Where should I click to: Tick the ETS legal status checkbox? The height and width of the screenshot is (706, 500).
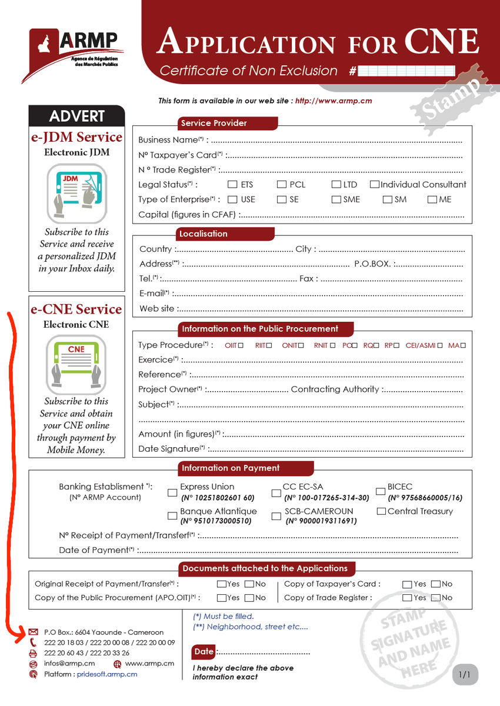[232, 185]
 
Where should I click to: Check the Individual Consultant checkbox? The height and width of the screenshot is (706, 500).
[375, 185]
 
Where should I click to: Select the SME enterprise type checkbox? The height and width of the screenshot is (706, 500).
[336, 199]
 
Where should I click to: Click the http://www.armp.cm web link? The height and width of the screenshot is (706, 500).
[334, 101]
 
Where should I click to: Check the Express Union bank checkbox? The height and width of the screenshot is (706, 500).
[172, 492]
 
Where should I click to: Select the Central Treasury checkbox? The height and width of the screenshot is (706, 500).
[381, 511]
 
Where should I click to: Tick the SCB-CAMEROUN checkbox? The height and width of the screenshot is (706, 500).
[276, 516]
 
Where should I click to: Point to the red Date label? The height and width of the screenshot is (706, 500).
[204, 651]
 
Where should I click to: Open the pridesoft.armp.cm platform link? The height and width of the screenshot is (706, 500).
[107, 674]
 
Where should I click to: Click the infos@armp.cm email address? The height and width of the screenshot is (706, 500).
[69, 664]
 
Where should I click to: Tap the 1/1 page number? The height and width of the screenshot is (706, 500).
[465, 675]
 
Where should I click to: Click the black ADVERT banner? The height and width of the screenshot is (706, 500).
[77, 116]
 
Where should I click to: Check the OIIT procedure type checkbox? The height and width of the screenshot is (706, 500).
[241, 346]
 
